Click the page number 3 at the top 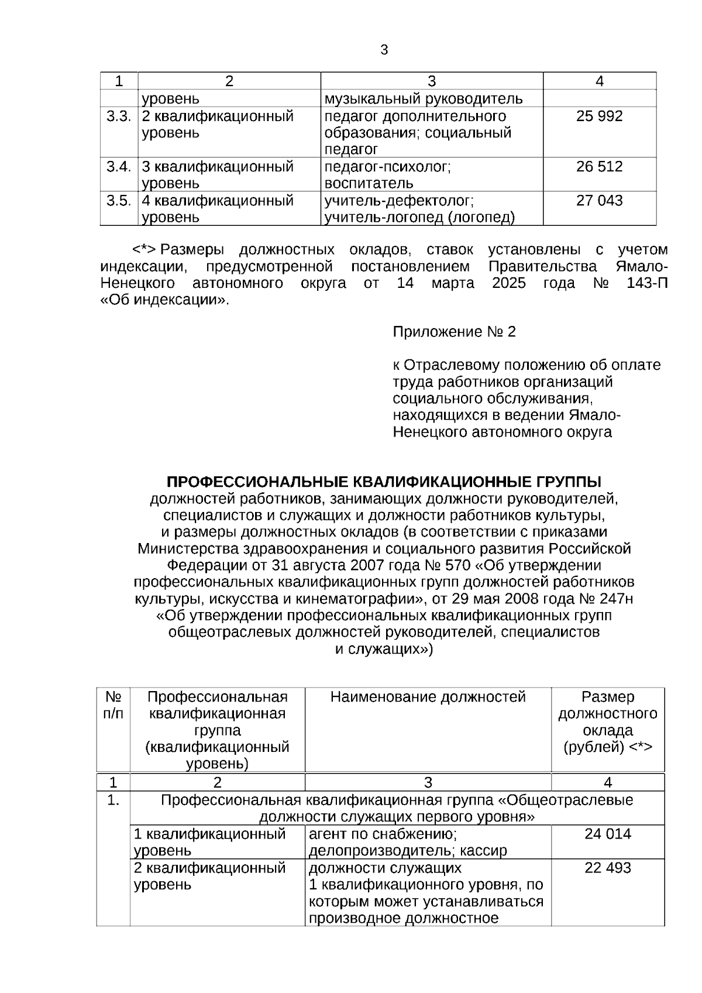point(384,50)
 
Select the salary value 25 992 point(599,116)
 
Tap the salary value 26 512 point(599,167)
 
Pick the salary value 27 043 point(599,201)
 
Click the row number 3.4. point(118,167)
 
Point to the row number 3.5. point(118,201)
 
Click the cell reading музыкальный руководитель point(424,99)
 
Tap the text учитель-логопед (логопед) point(419,218)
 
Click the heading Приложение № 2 point(454,332)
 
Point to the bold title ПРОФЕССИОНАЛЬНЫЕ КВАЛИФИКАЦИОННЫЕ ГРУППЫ point(384,482)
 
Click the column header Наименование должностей point(428,697)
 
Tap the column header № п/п point(113,705)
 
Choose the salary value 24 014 point(607,834)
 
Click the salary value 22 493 point(607,868)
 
